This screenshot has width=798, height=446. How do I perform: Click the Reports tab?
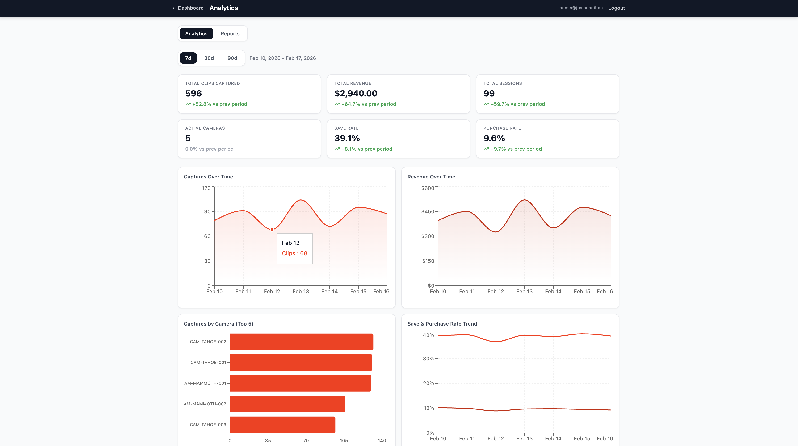pyautogui.click(x=230, y=33)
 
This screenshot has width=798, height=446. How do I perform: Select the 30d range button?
pyautogui.click(x=209, y=58)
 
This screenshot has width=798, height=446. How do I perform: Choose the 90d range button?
pyautogui.click(x=232, y=58)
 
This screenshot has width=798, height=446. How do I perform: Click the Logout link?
pyautogui.click(x=616, y=8)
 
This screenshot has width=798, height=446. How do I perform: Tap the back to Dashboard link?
pyautogui.click(x=188, y=8)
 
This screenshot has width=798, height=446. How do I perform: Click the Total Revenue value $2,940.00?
pyautogui.click(x=356, y=94)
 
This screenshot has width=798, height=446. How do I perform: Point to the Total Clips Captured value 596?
pyautogui.click(x=193, y=94)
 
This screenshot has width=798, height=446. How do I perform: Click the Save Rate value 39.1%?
pyautogui.click(x=347, y=138)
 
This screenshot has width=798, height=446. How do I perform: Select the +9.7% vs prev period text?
pyautogui.click(x=516, y=149)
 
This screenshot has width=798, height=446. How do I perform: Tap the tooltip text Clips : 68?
pyautogui.click(x=294, y=253)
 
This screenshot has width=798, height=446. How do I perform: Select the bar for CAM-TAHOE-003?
pyautogui.click(x=282, y=425)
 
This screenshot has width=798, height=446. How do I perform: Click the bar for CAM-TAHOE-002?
pyautogui.click(x=301, y=342)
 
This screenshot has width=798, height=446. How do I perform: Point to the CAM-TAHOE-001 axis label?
pyautogui.click(x=208, y=362)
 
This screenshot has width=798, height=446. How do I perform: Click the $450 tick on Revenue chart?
pyautogui.click(x=428, y=212)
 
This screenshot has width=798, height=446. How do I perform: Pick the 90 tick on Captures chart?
pyautogui.click(x=207, y=212)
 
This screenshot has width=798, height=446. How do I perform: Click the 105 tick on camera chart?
pyautogui.click(x=344, y=440)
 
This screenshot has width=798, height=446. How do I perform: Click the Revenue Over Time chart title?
pyautogui.click(x=431, y=177)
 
